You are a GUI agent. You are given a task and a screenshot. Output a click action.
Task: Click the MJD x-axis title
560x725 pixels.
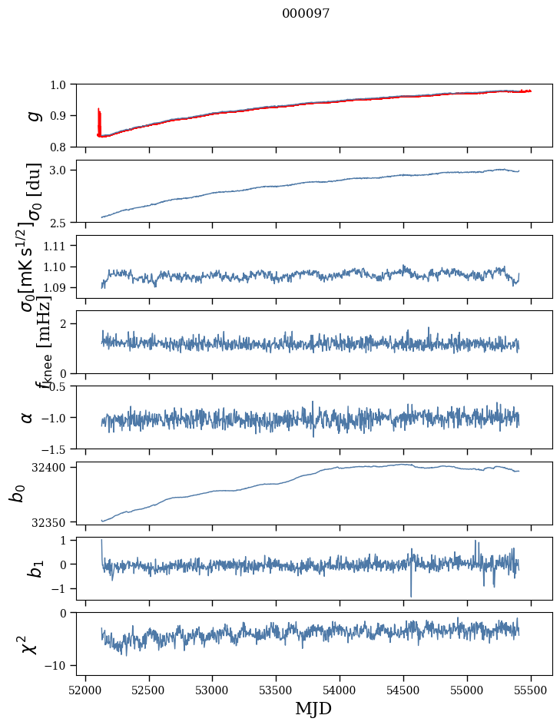[313, 708]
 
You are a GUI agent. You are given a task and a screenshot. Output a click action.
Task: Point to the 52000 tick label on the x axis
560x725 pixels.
[85, 688]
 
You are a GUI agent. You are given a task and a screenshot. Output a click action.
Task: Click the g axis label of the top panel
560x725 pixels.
[32, 115]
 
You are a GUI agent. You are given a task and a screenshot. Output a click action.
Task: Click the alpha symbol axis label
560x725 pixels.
[27, 417]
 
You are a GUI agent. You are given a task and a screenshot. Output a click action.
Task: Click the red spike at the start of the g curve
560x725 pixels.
[99, 119]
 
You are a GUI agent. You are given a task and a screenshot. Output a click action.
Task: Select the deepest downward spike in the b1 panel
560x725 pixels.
[411, 595]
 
